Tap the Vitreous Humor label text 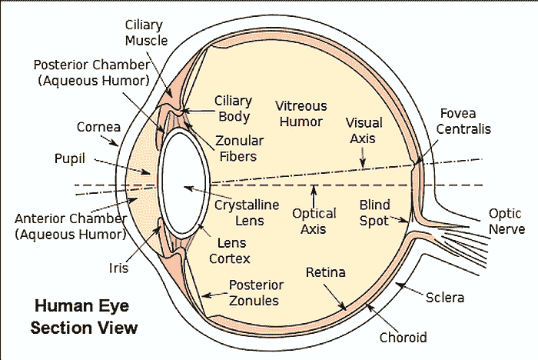click(x=301, y=113)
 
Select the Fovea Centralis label click(x=463, y=122)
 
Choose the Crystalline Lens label click(x=240, y=212)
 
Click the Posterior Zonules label click(x=256, y=293)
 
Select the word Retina click(x=325, y=272)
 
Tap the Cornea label click(x=96, y=127)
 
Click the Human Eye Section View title click(x=84, y=316)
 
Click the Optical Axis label click(x=314, y=221)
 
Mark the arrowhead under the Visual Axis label click(x=362, y=163)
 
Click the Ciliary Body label click(x=233, y=109)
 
